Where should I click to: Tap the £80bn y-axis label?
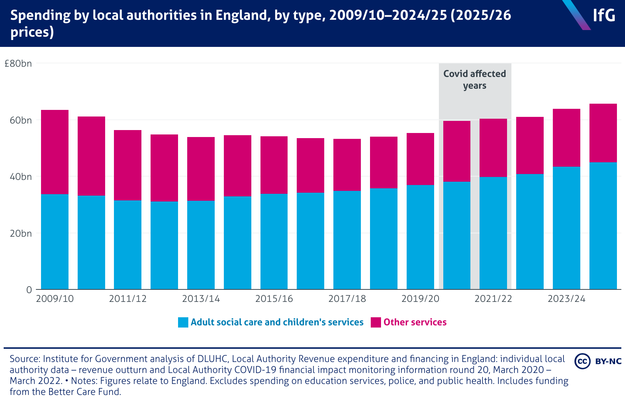pyautogui.click(x=18, y=64)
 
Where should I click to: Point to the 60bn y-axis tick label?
pyautogui.click(x=21, y=120)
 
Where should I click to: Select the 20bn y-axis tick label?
pyautogui.click(x=21, y=233)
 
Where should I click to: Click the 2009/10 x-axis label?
pyautogui.click(x=55, y=299)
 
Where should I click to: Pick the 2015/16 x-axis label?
pyautogui.click(x=274, y=299)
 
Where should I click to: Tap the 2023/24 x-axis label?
pyautogui.click(x=566, y=299)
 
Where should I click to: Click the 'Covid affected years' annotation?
pyautogui.click(x=474, y=80)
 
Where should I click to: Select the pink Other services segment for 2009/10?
pyautogui.click(x=55, y=152)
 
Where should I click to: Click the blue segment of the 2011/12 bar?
pyautogui.click(x=127, y=245)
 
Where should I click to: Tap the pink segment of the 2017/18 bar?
pyautogui.click(x=347, y=165)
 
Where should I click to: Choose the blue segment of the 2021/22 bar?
pyautogui.click(x=493, y=233)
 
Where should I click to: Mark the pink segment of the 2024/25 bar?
pyautogui.click(x=603, y=133)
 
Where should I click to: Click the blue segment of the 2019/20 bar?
pyautogui.click(x=420, y=237)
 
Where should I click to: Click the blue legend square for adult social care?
pyautogui.click(x=183, y=322)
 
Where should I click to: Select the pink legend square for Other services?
pyautogui.click(x=376, y=322)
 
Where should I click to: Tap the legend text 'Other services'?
pyautogui.click(x=415, y=322)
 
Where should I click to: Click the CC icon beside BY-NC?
pyautogui.click(x=583, y=361)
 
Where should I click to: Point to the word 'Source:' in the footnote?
pyautogui.click(x=25, y=359)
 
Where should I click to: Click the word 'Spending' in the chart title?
pyautogui.click(x=40, y=16)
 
